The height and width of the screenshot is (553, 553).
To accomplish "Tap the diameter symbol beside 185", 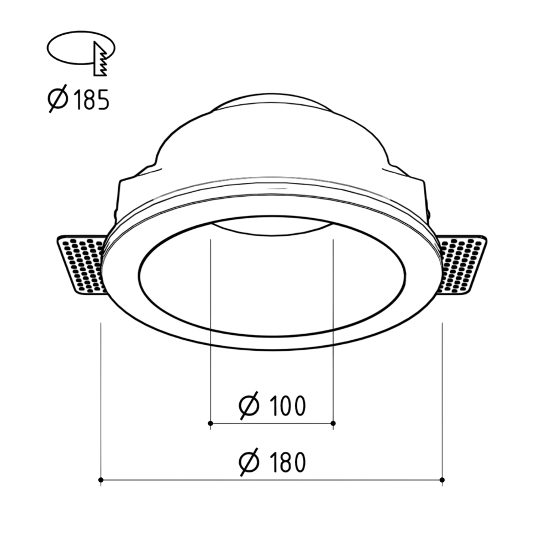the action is click(57, 98).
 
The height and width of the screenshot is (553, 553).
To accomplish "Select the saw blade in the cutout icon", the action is click(101, 59).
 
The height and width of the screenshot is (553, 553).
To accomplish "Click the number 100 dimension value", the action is click(287, 406).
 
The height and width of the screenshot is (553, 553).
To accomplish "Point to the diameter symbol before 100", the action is click(249, 405).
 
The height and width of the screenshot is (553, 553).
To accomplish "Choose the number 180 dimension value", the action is click(287, 462).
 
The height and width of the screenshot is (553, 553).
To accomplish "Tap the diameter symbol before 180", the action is click(249, 462).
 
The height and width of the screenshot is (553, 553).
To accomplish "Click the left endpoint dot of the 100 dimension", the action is click(210, 423).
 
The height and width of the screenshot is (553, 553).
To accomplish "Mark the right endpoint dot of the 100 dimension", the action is click(333, 423).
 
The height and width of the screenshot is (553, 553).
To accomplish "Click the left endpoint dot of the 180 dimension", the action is click(101, 480).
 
